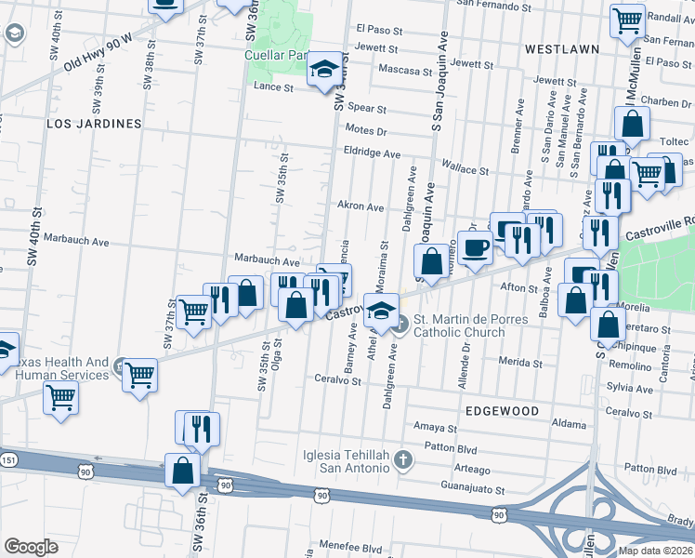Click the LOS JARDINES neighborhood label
click(x=94, y=123)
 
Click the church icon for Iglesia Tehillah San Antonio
click(x=402, y=459)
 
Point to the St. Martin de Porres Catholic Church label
click(x=470, y=326)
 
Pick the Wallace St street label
click(x=465, y=170)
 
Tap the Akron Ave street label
click(x=361, y=206)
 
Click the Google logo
click(x=31, y=546)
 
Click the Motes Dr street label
click(x=364, y=130)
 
